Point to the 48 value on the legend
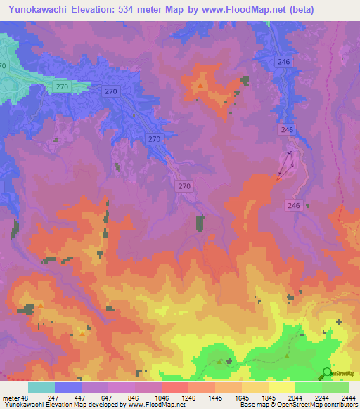click(x=23, y=397)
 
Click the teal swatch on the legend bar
click(x=41, y=387)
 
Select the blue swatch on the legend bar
click(x=68, y=387)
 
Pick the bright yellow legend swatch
click(x=282, y=387)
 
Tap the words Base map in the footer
click(x=252, y=405)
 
